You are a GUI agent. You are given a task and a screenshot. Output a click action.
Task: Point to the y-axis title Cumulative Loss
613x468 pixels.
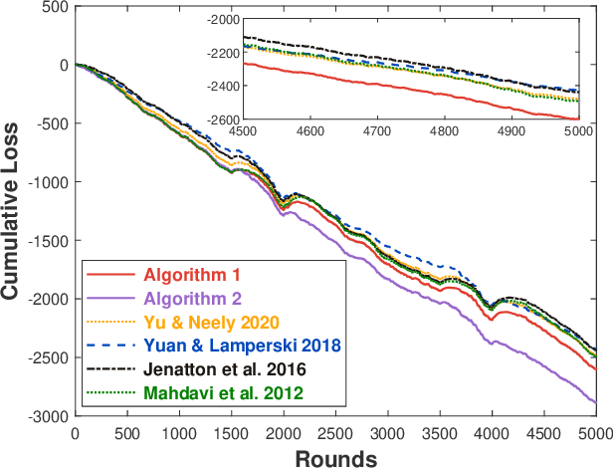(x=14, y=209)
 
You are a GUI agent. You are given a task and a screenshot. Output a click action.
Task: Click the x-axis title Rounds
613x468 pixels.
(x=334, y=457)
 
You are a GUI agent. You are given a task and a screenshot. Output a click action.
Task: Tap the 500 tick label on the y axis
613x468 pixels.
(x=54, y=7)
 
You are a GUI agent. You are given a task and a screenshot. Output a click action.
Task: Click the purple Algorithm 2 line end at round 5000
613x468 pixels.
(x=594, y=402)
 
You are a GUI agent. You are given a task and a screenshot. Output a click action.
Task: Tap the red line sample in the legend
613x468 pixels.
(x=107, y=275)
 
